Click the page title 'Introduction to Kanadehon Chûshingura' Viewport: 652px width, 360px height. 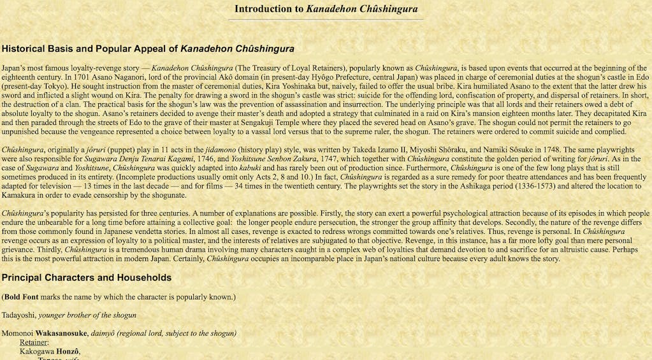tap(326, 9)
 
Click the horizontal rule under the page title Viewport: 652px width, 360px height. tap(326, 20)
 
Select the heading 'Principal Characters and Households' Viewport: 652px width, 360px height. tap(86, 278)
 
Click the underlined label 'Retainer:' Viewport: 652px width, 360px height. tap(34, 342)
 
